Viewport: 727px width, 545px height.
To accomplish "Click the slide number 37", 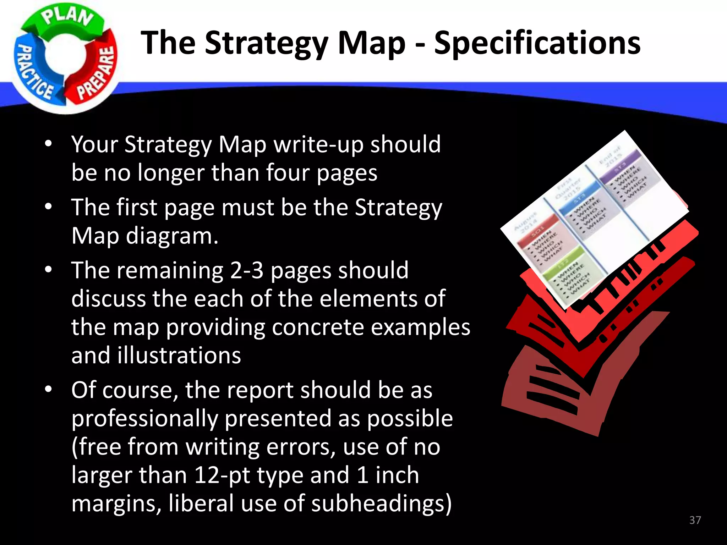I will (x=695, y=520).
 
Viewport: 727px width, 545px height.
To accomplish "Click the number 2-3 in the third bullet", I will (x=247, y=270).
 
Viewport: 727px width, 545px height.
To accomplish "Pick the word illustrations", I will (x=179, y=355).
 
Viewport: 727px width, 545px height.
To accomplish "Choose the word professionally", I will (x=144, y=418).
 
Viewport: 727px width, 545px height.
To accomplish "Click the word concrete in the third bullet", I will (x=318, y=327).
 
